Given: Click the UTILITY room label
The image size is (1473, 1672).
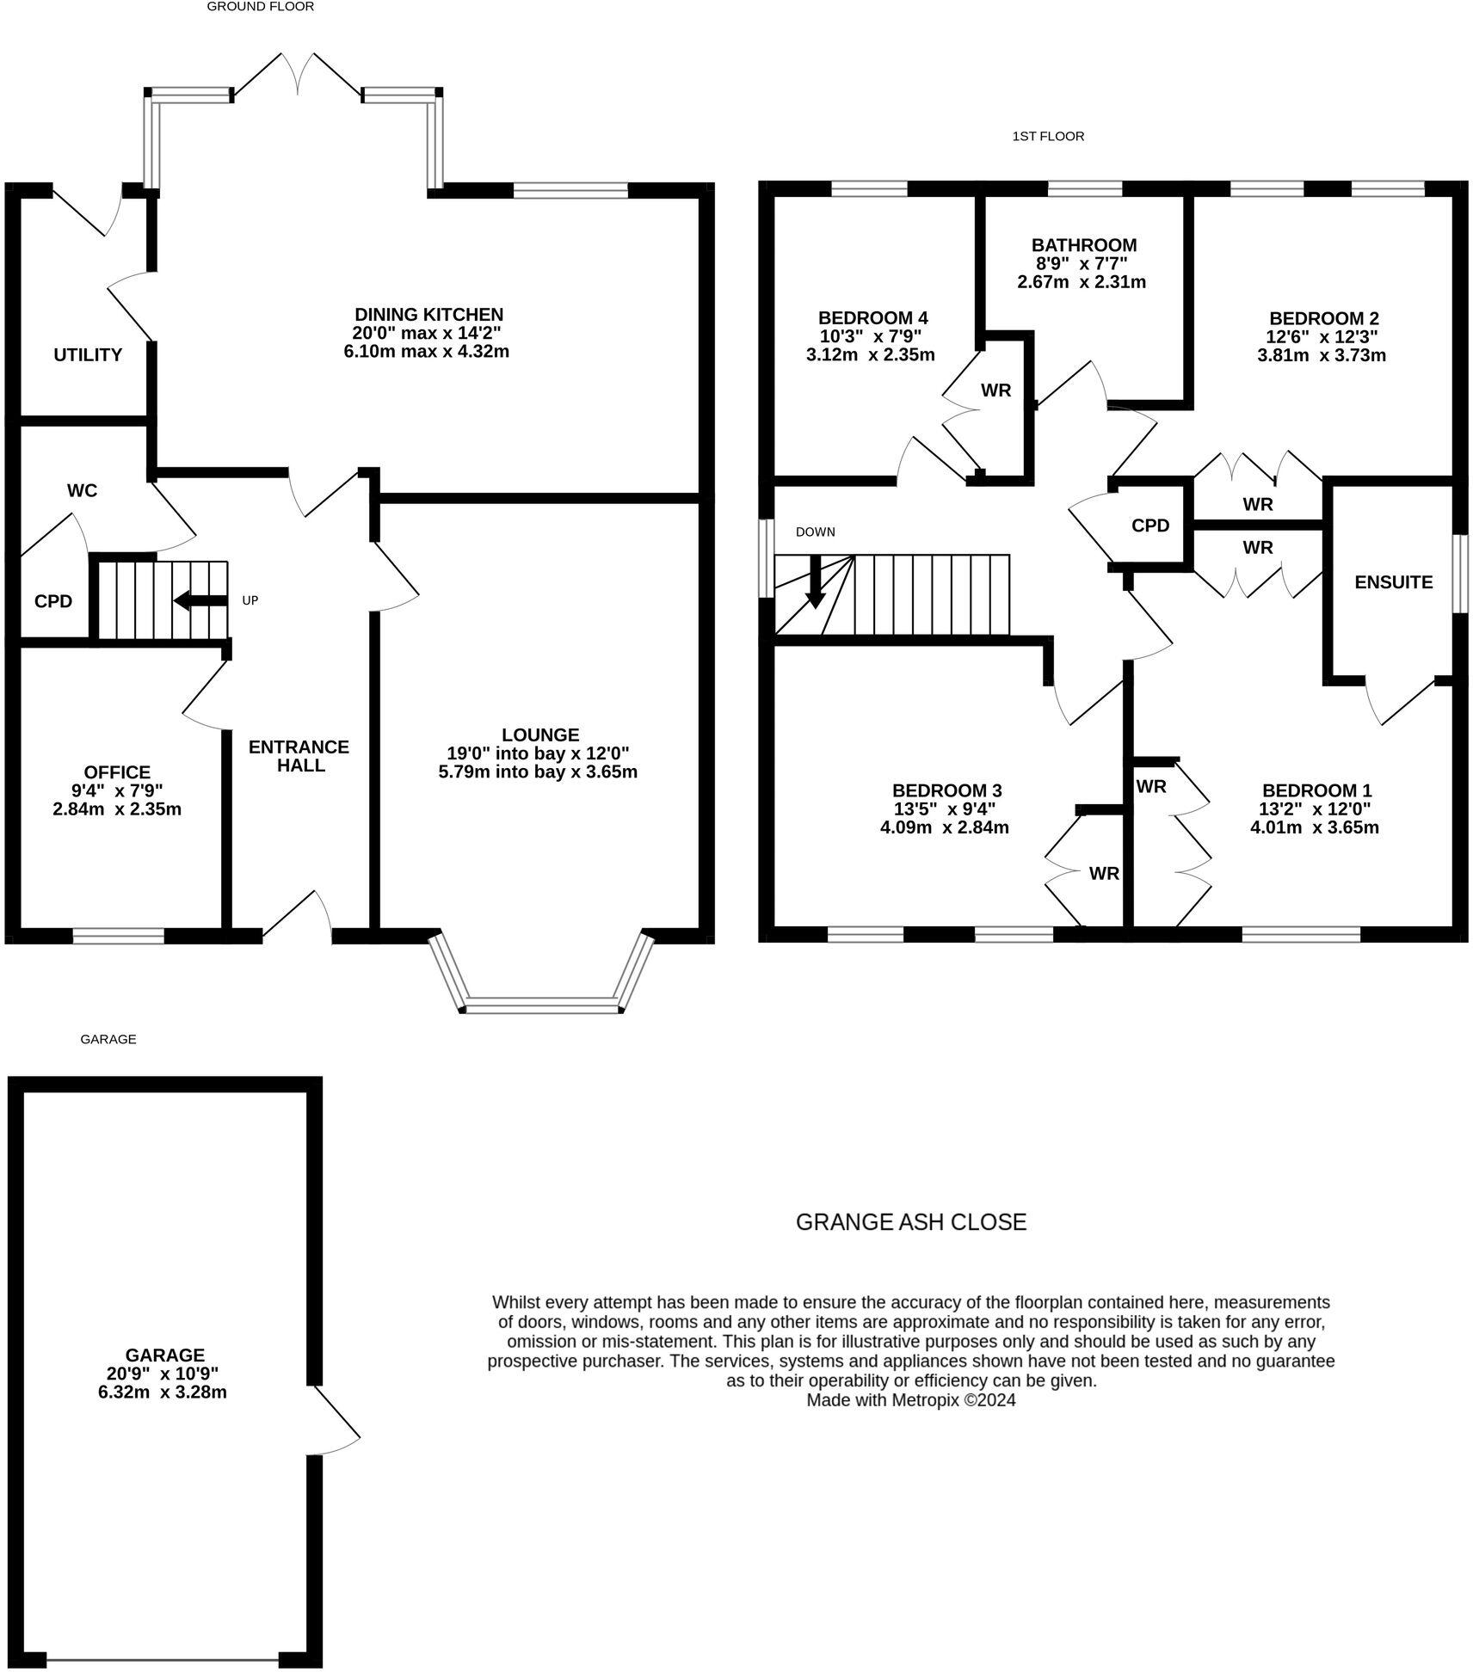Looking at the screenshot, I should (x=88, y=354).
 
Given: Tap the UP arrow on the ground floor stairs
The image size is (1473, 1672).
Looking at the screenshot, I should (x=200, y=600).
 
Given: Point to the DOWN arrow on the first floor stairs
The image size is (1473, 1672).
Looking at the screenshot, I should (x=814, y=584).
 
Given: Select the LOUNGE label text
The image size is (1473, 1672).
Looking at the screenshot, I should (x=540, y=735).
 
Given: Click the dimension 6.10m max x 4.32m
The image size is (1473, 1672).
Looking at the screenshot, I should (x=427, y=351).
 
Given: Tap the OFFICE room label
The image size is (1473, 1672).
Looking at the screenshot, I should (x=117, y=772).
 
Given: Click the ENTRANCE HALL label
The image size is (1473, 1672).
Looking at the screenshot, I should (x=299, y=756).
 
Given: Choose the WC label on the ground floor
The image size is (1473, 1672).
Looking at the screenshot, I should (x=83, y=490).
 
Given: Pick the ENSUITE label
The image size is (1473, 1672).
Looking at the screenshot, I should (x=1393, y=582).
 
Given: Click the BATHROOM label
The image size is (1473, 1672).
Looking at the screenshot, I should (x=1084, y=245).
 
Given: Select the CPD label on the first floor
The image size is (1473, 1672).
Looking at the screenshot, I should (x=1150, y=526).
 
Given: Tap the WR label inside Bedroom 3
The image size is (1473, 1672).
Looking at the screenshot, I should (x=1104, y=874).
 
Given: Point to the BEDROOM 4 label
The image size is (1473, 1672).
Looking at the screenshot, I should (x=872, y=317).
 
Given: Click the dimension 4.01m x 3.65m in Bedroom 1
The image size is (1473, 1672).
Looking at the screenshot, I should (x=1314, y=827).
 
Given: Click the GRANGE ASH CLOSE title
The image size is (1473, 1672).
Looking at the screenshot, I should (x=910, y=1222).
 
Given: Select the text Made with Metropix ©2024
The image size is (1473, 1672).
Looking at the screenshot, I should (x=910, y=1400).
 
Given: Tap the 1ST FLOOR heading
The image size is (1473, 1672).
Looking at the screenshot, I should (x=1048, y=136).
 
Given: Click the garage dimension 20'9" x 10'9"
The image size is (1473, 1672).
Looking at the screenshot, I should (x=163, y=1374).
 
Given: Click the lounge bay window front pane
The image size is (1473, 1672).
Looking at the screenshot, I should (x=542, y=1005).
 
